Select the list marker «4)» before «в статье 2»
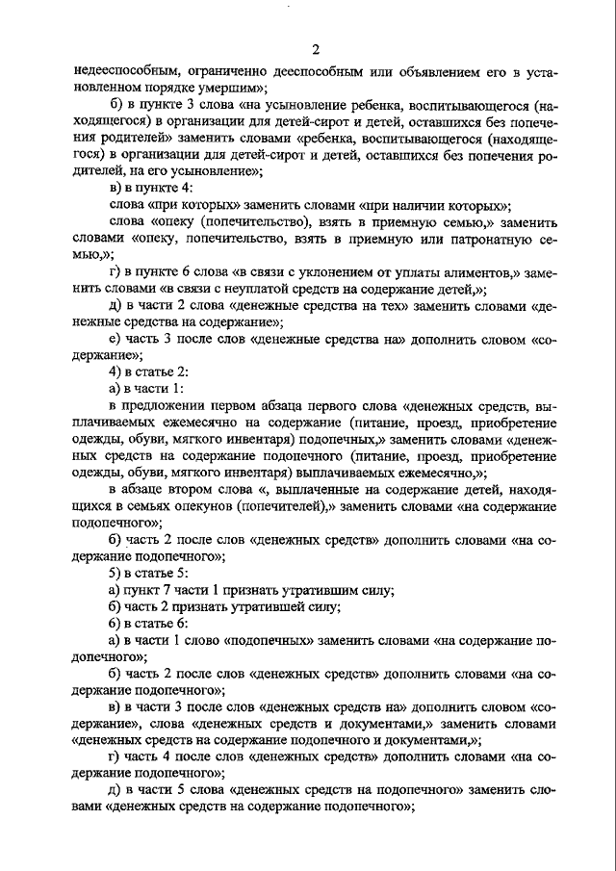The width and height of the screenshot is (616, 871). coord(116,372)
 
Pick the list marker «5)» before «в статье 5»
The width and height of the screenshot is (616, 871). coord(116,575)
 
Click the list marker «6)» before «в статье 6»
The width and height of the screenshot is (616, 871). coord(116,625)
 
